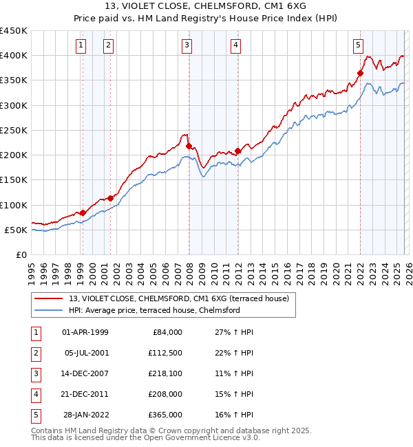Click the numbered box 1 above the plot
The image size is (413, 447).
81,46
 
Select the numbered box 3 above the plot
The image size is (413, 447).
187,46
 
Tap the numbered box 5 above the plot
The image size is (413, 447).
358,46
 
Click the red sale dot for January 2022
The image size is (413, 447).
360,73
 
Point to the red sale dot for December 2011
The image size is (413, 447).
237,151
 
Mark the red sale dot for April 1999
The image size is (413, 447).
83,212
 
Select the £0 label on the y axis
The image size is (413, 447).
21,254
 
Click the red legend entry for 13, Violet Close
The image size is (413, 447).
182,298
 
